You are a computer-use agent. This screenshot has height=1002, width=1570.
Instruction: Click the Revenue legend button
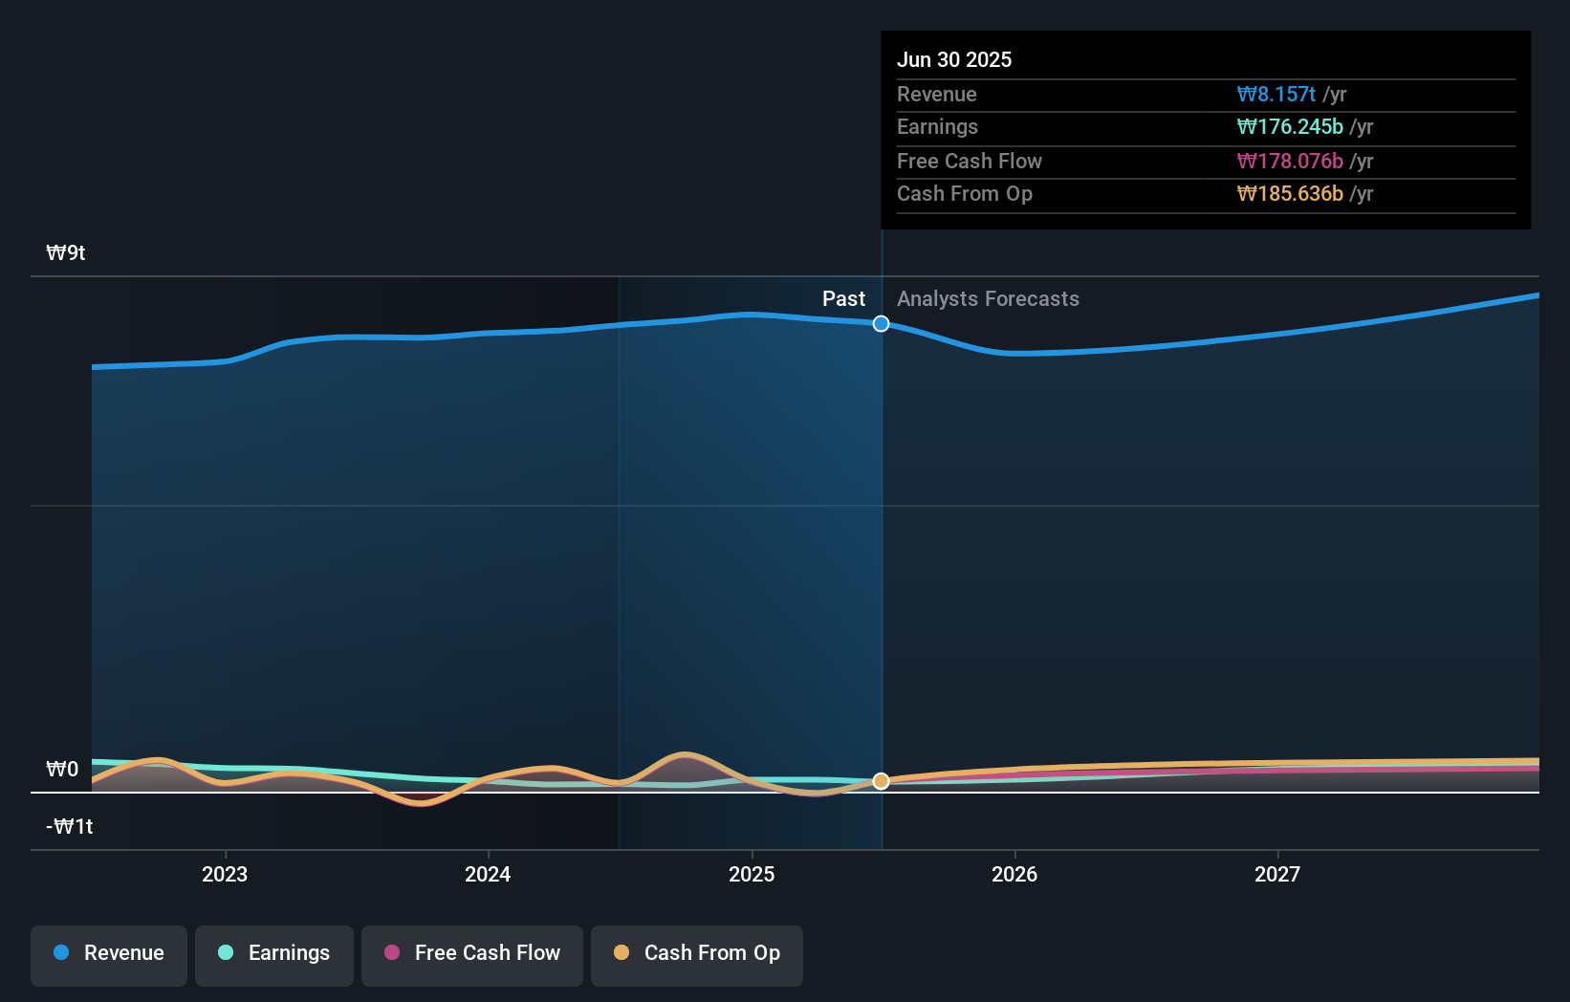109,953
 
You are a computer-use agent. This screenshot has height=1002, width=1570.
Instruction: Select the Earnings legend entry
274,953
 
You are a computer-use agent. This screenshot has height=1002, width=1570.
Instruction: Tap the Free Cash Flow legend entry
472,953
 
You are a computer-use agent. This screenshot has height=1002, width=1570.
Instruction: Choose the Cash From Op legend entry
697,953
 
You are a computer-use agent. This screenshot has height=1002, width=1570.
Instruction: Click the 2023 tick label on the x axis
225,874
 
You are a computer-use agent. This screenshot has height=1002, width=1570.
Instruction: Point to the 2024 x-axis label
488,874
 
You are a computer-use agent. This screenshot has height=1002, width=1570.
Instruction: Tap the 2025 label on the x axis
752,874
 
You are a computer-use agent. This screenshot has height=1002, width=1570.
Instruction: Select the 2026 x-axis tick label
1014,874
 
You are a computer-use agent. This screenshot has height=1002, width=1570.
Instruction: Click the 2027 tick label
1277,874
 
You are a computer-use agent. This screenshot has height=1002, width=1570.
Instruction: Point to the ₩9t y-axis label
66,253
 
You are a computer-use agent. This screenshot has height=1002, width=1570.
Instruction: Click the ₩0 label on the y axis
62,770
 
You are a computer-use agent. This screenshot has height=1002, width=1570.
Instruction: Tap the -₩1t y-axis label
69,827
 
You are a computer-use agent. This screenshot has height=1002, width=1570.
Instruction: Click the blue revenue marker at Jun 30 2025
881,324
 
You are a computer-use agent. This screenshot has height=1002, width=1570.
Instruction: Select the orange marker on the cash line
881,781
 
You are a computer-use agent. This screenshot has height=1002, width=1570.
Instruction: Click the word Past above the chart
843,299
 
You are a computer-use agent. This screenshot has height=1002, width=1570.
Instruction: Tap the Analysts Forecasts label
988,299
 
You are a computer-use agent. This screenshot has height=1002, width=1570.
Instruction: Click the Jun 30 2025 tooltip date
953,59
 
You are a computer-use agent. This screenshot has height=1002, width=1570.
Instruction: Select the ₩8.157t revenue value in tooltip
1276,95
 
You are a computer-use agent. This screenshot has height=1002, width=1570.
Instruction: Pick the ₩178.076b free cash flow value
1289,162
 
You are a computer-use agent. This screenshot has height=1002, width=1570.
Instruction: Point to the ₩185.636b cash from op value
1289,194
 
